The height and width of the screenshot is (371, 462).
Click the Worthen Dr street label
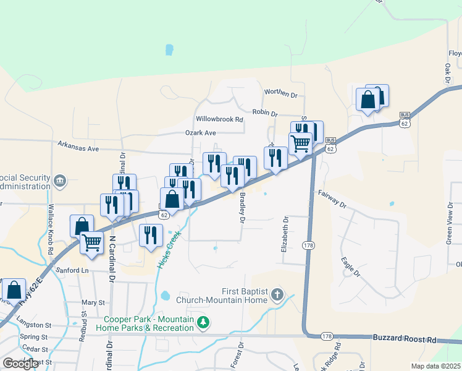281,93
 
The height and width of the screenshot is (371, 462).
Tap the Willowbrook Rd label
219,119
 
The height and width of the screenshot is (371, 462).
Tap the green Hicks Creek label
169,249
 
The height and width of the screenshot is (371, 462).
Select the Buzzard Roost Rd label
405,339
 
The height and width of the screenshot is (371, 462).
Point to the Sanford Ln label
72,271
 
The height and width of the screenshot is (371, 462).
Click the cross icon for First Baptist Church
277,296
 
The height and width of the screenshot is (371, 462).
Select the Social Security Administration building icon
60,181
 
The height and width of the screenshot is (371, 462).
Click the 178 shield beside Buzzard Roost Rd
327,336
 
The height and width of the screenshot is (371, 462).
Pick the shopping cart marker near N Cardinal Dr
91,242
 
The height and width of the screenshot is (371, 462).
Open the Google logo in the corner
20,364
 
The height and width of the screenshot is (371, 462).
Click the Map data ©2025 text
436,366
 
